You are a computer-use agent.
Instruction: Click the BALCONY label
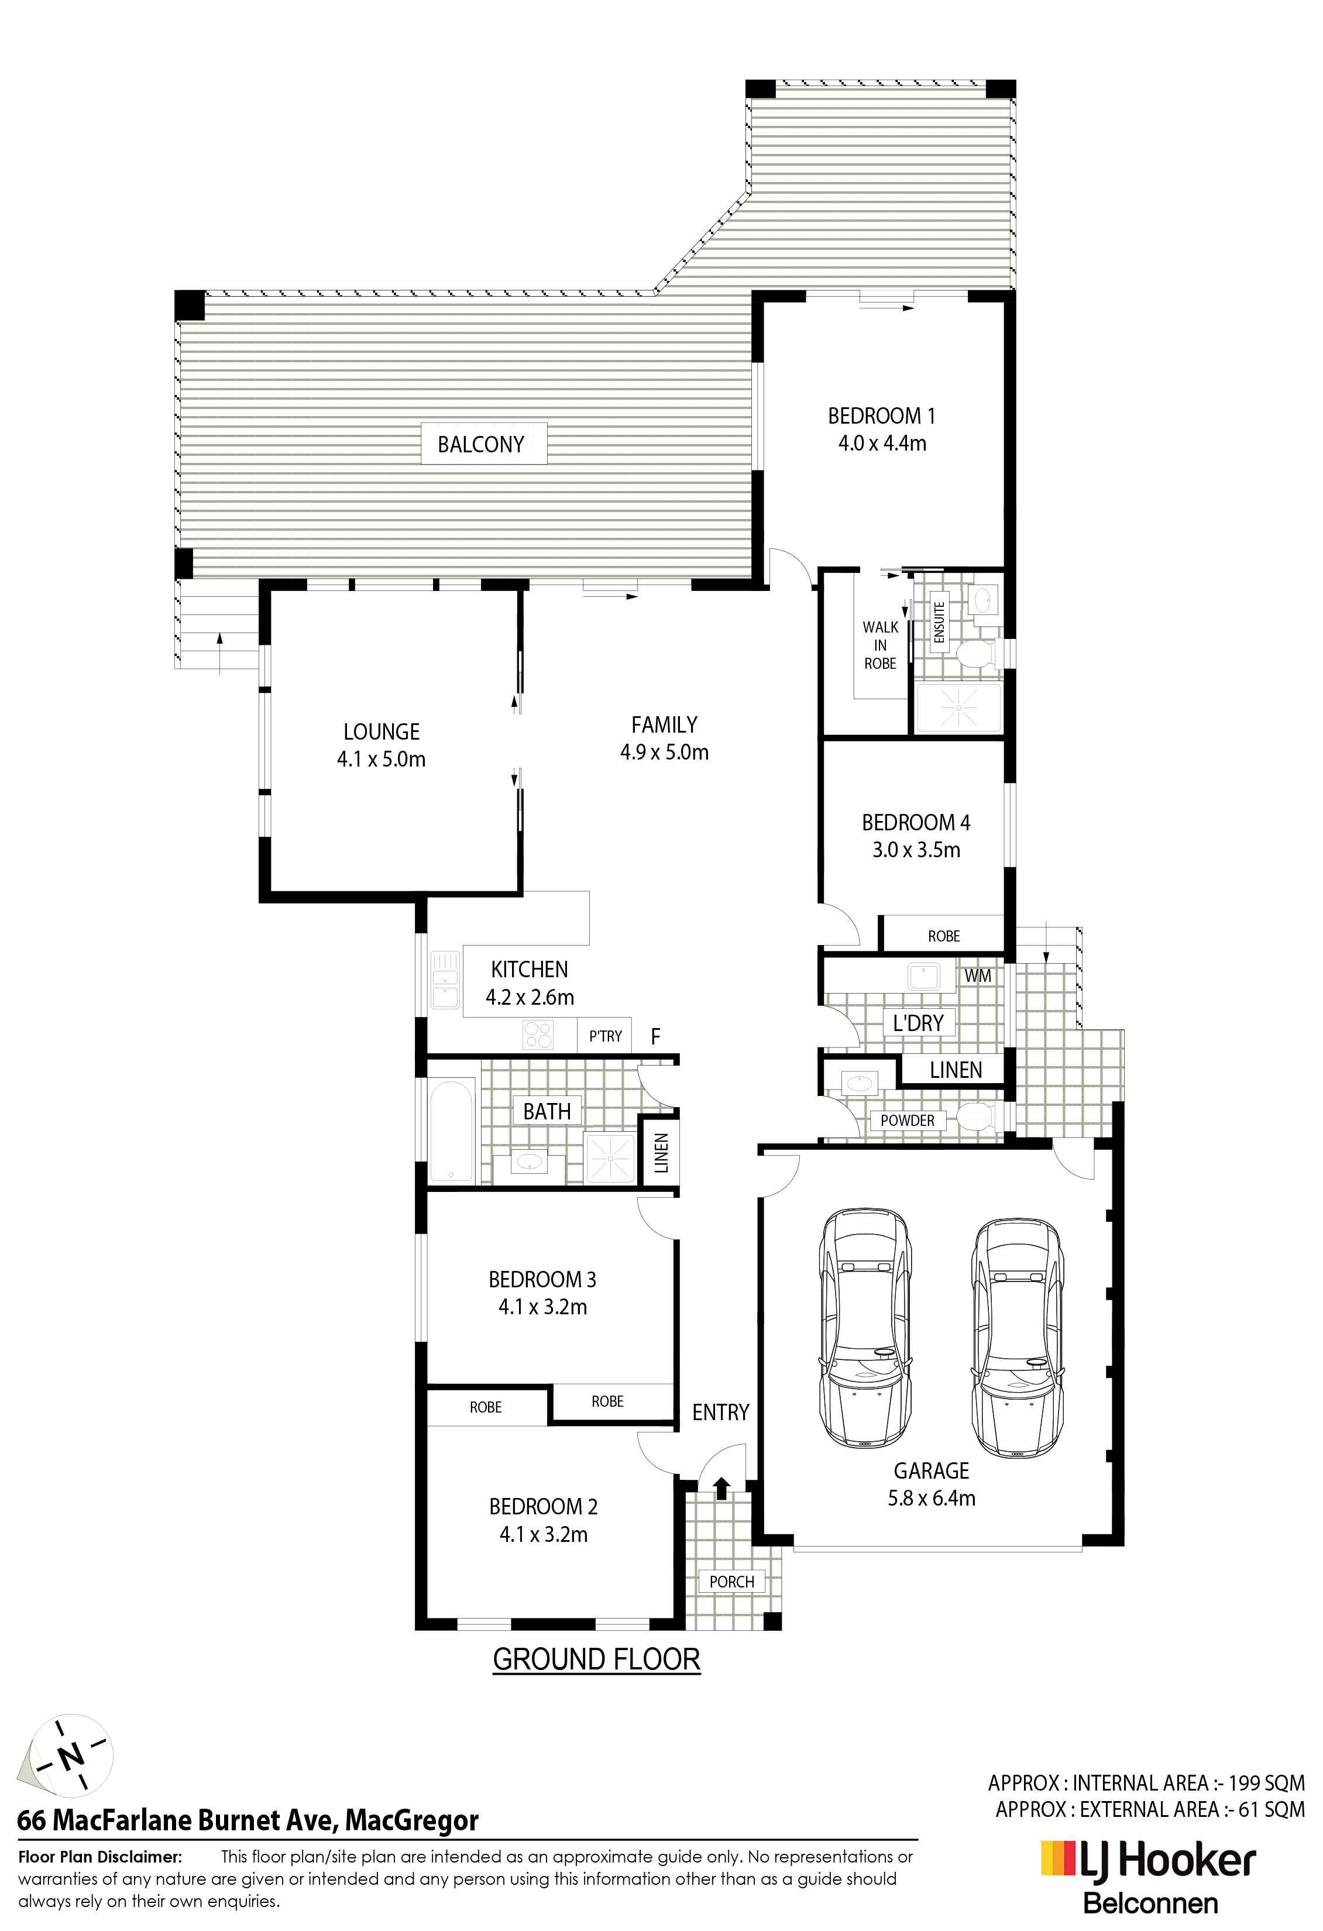pos(481,445)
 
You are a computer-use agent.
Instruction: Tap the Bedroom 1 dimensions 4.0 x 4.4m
pos(882,443)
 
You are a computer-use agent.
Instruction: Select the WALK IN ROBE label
pos(880,645)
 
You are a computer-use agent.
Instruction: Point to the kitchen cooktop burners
pos(537,1035)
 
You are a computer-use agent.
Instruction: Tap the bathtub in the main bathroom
pos(451,1129)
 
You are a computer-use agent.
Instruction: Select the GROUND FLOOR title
pos(597,1659)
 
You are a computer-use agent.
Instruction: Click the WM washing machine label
pos(978,976)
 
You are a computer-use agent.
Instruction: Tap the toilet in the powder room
pos(977,1116)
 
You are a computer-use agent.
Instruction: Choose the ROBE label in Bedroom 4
pos(944,936)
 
